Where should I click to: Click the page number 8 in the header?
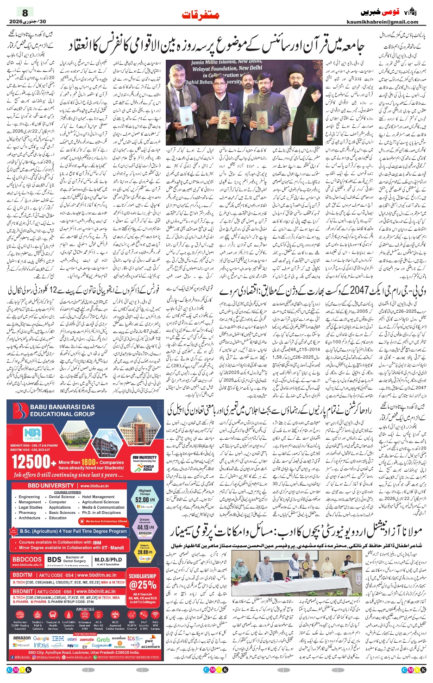click(x=25, y=13)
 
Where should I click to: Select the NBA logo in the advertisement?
click(x=32, y=433)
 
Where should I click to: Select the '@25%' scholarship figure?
click(x=142, y=585)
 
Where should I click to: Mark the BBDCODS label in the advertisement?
click(x=27, y=559)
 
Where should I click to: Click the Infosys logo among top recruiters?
click(x=41, y=645)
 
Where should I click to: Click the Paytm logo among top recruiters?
click(x=73, y=645)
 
